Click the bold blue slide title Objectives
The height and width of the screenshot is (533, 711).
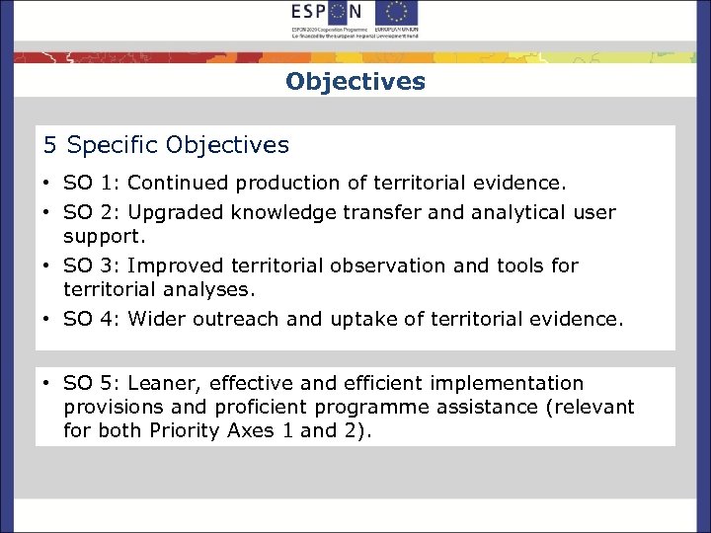(x=355, y=81)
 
